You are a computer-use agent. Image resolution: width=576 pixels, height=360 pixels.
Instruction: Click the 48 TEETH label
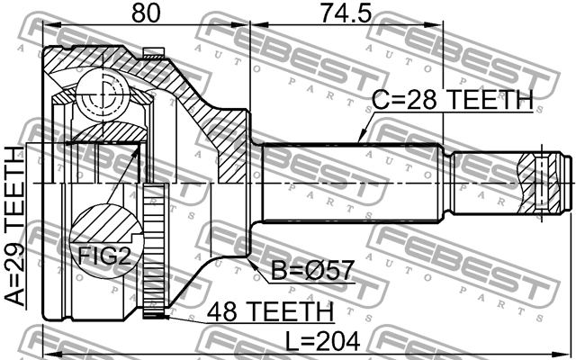coord(270,311)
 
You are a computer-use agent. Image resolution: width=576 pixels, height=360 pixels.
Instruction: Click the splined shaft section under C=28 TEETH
coord(351,182)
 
